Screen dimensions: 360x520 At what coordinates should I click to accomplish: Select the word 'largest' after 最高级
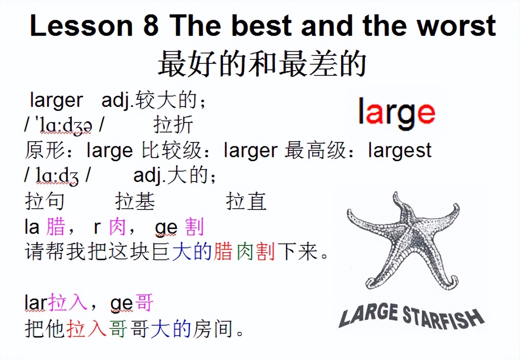click(x=400, y=150)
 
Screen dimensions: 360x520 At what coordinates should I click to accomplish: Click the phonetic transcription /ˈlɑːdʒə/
click(x=64, y=125)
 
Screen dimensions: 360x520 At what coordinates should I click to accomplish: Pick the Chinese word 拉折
click(x=173, y=125)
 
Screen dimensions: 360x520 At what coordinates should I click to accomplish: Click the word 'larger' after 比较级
click(x=250, y=150)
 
